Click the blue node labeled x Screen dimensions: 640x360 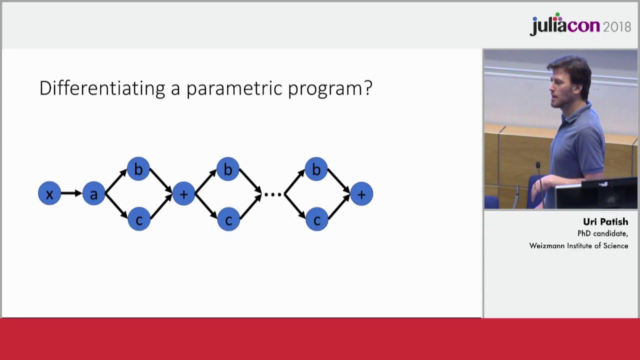click(x=49, y=193)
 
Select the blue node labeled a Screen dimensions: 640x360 click(x=93, y=193)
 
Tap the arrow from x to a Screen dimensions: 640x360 click(x=71, y=193)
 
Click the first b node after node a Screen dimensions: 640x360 click(x=138, y=169)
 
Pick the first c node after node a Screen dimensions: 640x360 click(x=139, y=219)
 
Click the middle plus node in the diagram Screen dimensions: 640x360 click(x=183, y=193)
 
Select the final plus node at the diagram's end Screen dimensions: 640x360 click(x=361, y=194)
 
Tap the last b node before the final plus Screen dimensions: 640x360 click(x=316, y=169)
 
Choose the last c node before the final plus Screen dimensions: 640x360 click(x=317, y=219)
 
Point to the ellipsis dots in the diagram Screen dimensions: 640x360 click(x=273, y=194)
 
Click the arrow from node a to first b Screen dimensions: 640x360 click(x=116, y=181)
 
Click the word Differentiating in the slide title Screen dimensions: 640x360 click(x=102, y=88)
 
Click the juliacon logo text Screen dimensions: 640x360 click(x=565, y=24)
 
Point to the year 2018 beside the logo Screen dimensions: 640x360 click(x=617, y=27)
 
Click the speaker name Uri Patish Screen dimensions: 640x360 click(x=605, y=221)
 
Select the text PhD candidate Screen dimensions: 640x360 click(x=602, y=233)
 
